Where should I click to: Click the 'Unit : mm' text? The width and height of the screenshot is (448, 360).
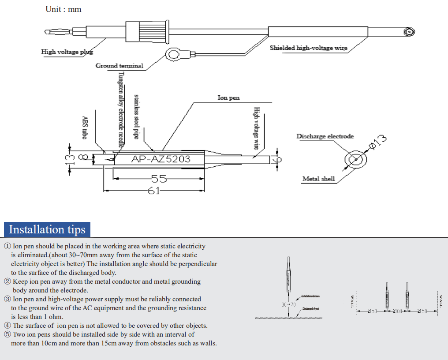(x=63, y=9)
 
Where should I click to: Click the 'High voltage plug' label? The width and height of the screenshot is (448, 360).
(x=67, y=52)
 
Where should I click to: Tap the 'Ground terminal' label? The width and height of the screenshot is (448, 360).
(x=119, y=66)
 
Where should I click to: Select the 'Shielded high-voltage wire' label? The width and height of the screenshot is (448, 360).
(x=308, y=48)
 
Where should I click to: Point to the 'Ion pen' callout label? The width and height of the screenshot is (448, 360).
(x=228, y=97)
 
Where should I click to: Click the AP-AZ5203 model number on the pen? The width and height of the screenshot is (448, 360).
(x=161, y=159)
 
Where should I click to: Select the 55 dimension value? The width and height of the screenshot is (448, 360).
(x=159, y=179)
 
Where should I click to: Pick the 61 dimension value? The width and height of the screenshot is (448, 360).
(x=153, y=191)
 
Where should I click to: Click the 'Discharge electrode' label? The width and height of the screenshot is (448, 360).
(x=325, y=136)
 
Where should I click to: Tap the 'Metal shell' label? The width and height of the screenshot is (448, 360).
(x=318, y=179)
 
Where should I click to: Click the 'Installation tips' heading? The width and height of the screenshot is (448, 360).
(x=47, y=229)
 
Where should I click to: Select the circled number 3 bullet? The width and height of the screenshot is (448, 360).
(x=7, y=299)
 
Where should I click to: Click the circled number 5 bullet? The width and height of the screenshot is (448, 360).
(x=7, y=334)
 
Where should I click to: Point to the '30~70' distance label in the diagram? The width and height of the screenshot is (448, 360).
(x=288, y=304)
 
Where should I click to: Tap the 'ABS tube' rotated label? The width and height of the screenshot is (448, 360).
(x=84, y=128)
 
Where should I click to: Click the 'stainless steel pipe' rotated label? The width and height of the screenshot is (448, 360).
(x=136, y=116)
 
